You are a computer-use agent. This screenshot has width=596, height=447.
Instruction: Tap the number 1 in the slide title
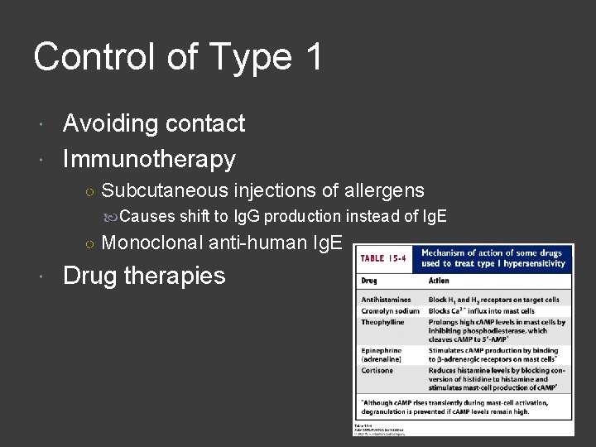pos(313,58)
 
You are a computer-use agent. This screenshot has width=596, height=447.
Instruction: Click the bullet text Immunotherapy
pos(149,159)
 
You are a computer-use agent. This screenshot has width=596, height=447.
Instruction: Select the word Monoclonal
pos(152,243)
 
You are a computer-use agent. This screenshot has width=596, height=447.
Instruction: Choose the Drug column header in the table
pos(369,281)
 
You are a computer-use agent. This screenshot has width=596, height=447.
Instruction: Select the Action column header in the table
pos(440,281)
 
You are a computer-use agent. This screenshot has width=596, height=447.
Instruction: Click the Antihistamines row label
pos(387,300)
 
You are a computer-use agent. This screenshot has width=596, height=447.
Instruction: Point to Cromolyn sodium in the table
pos(391,310)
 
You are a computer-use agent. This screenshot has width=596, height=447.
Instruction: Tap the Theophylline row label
pos(382,322)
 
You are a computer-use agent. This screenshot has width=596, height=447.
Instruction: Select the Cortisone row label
pos(377,370)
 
